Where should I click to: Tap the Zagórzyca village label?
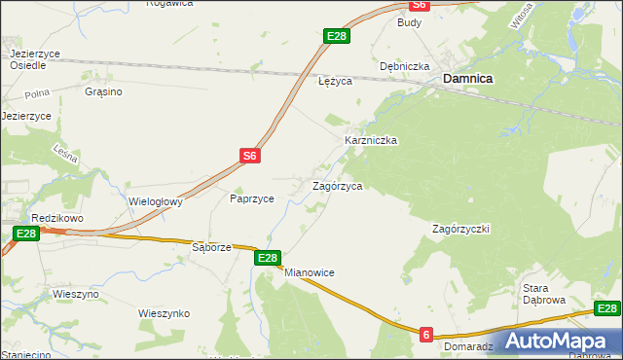click(x=337, y=185)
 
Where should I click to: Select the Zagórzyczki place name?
click(x=460, y=229)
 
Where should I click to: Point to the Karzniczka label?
click(x=371, y=140)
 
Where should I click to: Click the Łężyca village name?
click(x=335, y=82)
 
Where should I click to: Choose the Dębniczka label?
click(x=405, y=66)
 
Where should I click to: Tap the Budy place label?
click(x=408, y=20)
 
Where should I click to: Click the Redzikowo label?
click(x=54, y=218)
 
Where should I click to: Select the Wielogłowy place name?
click(x=157, y=202)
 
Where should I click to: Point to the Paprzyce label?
click(x=251, y=198)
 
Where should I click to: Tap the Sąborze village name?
click(x=211, y=247)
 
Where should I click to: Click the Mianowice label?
click(x=310, y=272)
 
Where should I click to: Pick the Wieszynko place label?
click(x=164, y=313)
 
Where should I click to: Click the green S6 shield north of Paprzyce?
click(x=250, y=155)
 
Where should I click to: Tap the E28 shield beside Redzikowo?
click(x=26, y=234)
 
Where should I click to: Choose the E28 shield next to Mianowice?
click(x=269, y=258)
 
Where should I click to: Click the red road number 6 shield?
click(x=426, y=334)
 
